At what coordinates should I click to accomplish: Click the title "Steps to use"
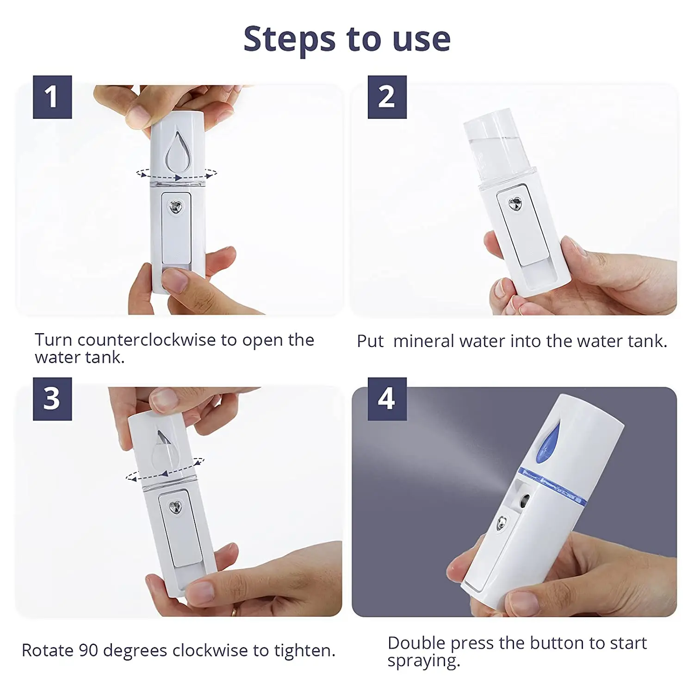tap(347, 39)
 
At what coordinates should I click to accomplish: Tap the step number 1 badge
tap(52, 97)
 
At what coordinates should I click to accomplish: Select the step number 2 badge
tap(387, 97)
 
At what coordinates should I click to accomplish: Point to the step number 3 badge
tap(52, 399)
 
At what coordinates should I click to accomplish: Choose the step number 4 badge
tap(387, 399)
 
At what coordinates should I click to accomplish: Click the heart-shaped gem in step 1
tap(176, 207)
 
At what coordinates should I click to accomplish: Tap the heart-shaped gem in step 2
tap(515, 203)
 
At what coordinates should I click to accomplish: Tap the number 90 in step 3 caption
tap(88, 651)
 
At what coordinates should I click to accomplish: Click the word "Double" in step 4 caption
tap(416, 643)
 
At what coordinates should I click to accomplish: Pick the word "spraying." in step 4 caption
tap(423, 661)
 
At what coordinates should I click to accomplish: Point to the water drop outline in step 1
tap(177, 153)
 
